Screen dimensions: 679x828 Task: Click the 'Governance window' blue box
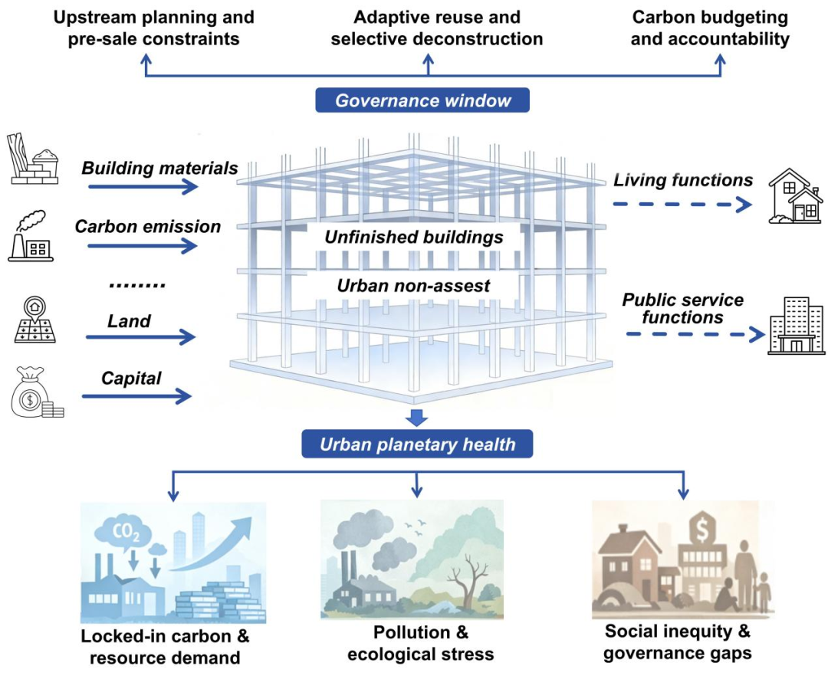tap(423, 100)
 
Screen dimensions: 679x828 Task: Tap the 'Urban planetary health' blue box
tap(418, 444)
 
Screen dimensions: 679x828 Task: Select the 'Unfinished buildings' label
tap(414, 238)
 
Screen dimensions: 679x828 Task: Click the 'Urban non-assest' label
tap(414, 286)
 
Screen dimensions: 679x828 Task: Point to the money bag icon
tap(33, 392)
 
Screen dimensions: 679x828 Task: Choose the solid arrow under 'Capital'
tap(136, 395)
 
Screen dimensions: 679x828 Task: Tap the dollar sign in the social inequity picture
tap(701, 528)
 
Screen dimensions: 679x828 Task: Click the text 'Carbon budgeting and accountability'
tap(709, 28)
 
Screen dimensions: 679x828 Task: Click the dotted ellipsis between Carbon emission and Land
tap(137, 285)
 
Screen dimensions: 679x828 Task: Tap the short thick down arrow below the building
tap(417, 418)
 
